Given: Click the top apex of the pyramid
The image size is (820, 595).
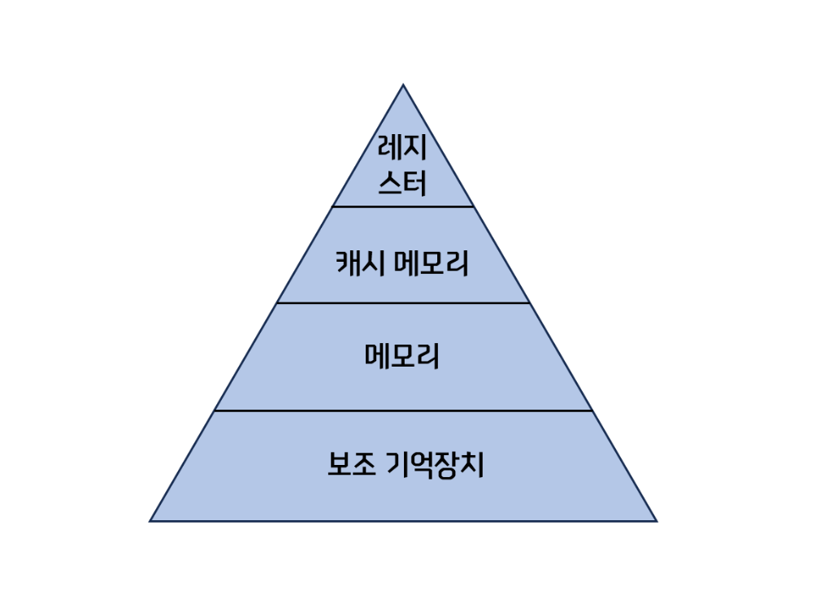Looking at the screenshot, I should point(403,85).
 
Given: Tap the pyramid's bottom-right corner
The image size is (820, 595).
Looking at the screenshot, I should point(655,520).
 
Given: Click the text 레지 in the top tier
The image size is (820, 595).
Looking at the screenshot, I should point(403,150).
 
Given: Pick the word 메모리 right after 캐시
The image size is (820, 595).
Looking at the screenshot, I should point(432,263).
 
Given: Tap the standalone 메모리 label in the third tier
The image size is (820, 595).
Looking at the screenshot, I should point(403,356).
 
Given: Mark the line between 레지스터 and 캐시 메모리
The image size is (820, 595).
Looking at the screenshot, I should point(403,206).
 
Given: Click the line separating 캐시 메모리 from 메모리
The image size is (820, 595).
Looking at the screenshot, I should point(403,303).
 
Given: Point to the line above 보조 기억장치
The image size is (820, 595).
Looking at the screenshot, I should point(403,410).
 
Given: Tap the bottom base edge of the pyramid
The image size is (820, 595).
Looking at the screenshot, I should point(403,520).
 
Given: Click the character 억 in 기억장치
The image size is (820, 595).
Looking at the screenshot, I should point(419,465).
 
